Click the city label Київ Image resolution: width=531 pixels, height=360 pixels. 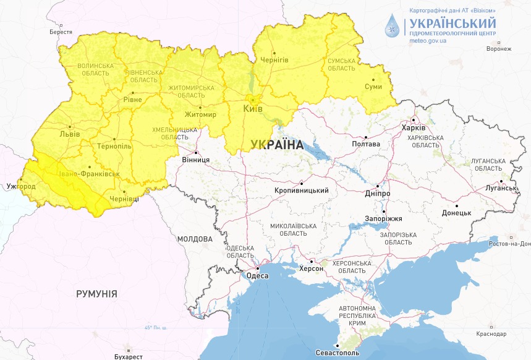click(x=253, y=109)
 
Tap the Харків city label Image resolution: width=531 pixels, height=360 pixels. click(x=414, y=127)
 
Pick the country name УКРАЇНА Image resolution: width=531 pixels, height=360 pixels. click(x=277, y=145)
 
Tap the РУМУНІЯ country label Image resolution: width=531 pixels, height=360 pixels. click(x=96, y=293)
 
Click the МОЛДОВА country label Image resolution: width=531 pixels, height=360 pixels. click(x=195, y=239)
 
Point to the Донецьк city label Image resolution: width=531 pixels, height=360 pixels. click(x=457, y=212)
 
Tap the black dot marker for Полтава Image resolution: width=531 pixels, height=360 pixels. click(x=366, y=137)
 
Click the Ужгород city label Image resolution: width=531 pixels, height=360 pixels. click(x=17, y=186)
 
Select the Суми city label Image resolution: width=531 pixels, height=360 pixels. click(x=373, y=87)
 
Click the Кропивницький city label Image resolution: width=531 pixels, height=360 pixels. click(x=301, y=191)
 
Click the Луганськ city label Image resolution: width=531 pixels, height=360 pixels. click(x=501, y=187)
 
